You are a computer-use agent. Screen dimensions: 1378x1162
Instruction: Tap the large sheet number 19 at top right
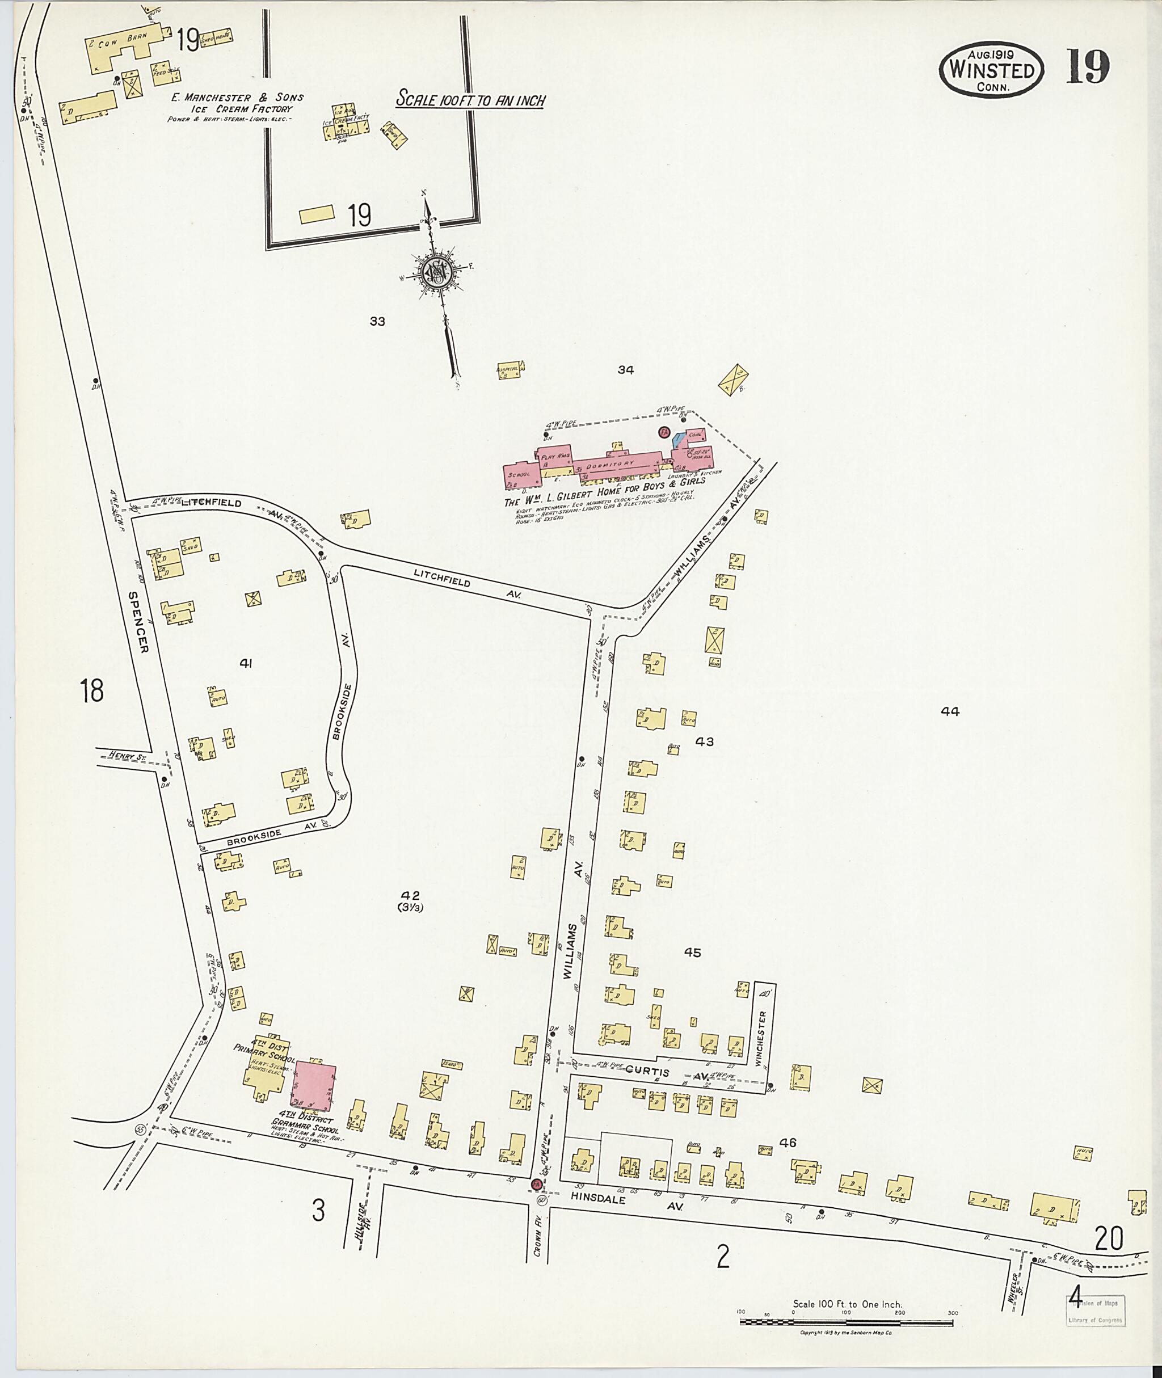1088,68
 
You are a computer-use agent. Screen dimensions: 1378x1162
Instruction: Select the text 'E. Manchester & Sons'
237,98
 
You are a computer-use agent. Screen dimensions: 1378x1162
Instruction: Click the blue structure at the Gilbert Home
679,441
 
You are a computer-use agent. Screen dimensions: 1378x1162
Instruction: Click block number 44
950,711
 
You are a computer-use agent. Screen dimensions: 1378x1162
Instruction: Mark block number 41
246,663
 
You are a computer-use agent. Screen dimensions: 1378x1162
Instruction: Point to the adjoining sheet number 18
91,692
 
